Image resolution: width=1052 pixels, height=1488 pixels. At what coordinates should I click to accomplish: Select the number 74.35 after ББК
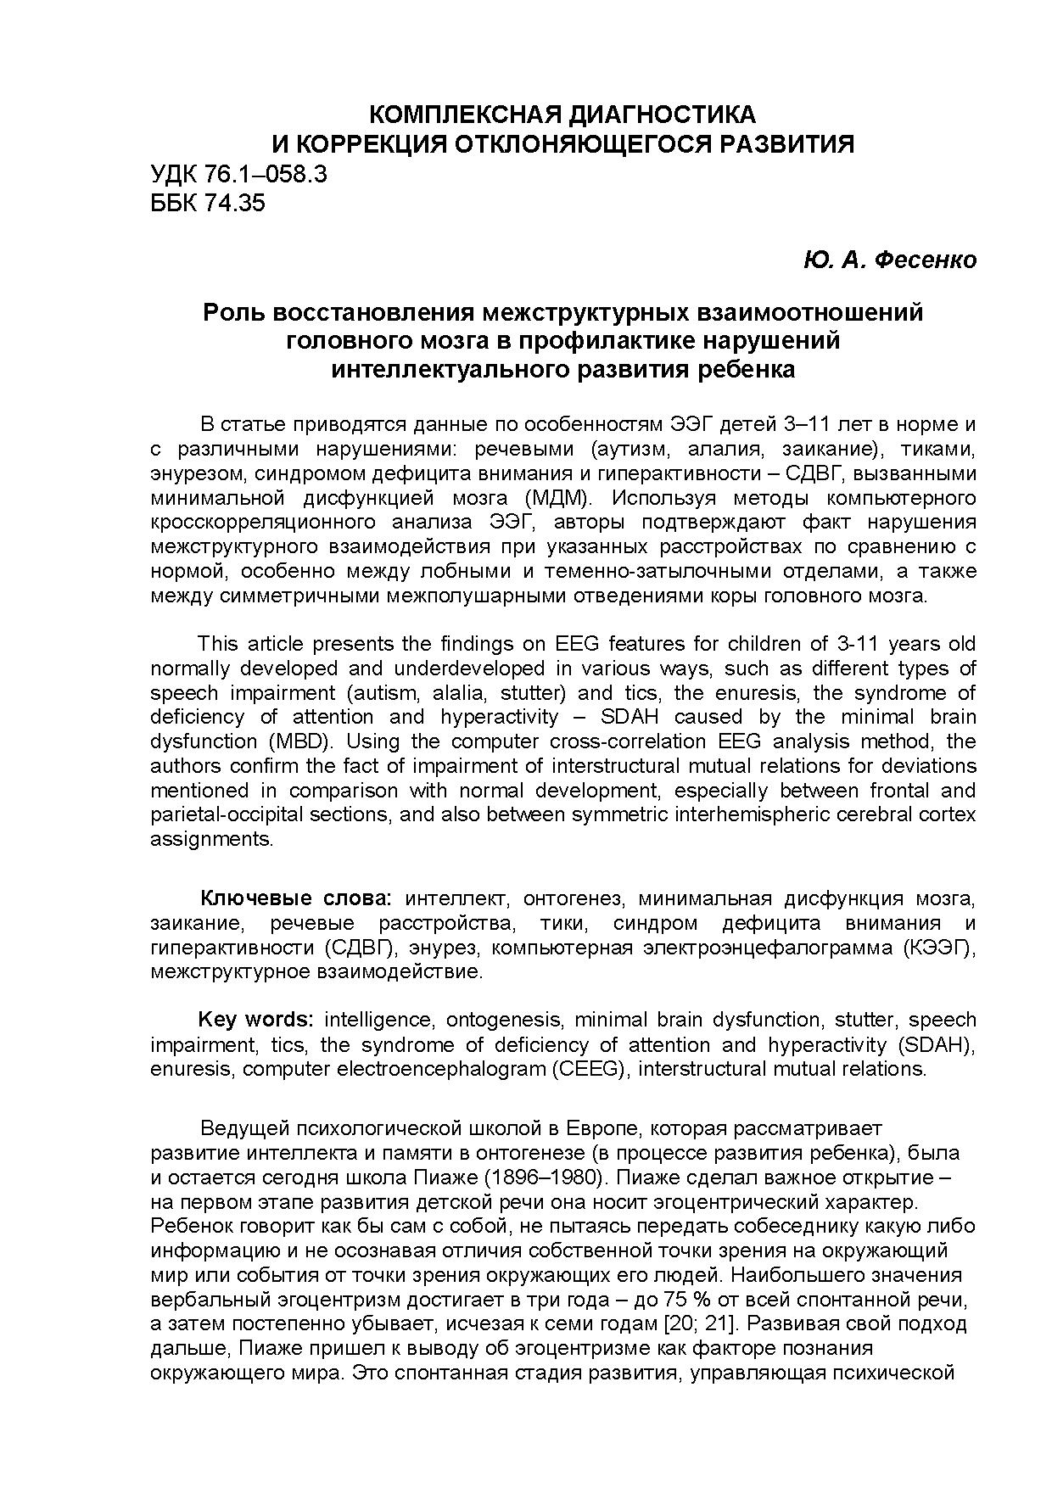[x=235, y=203]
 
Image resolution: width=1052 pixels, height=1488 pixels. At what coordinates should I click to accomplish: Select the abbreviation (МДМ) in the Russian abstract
[x=556, y=497]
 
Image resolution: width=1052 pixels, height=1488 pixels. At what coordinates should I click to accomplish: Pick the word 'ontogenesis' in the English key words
[x=504, y=1019]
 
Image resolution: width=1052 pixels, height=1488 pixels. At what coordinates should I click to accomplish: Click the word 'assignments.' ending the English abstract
[x=212, y=839]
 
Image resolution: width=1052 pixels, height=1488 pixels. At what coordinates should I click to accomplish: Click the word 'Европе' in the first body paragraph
[x=606, y=1128]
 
